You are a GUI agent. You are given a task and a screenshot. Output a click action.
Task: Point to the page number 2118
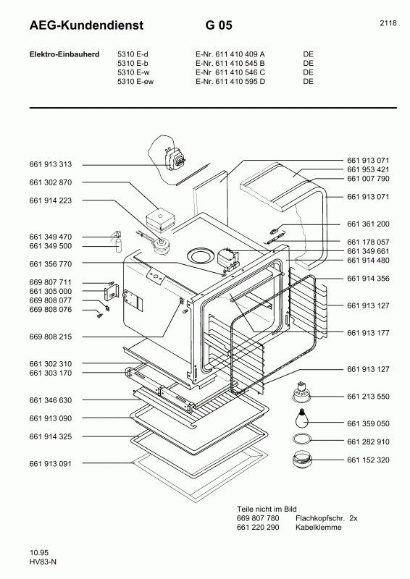pos(388,23)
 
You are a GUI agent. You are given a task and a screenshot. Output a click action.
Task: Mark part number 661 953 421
pos(368,169)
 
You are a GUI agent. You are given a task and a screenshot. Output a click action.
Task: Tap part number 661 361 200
pos(368,224)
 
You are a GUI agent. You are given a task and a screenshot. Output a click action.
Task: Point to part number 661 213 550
pos(368,397)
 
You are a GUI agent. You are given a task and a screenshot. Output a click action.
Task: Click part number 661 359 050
pos(368,423)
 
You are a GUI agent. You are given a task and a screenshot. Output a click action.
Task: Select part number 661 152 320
pos(368,460)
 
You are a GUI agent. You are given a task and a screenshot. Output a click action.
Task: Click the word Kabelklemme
pos(318,528)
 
